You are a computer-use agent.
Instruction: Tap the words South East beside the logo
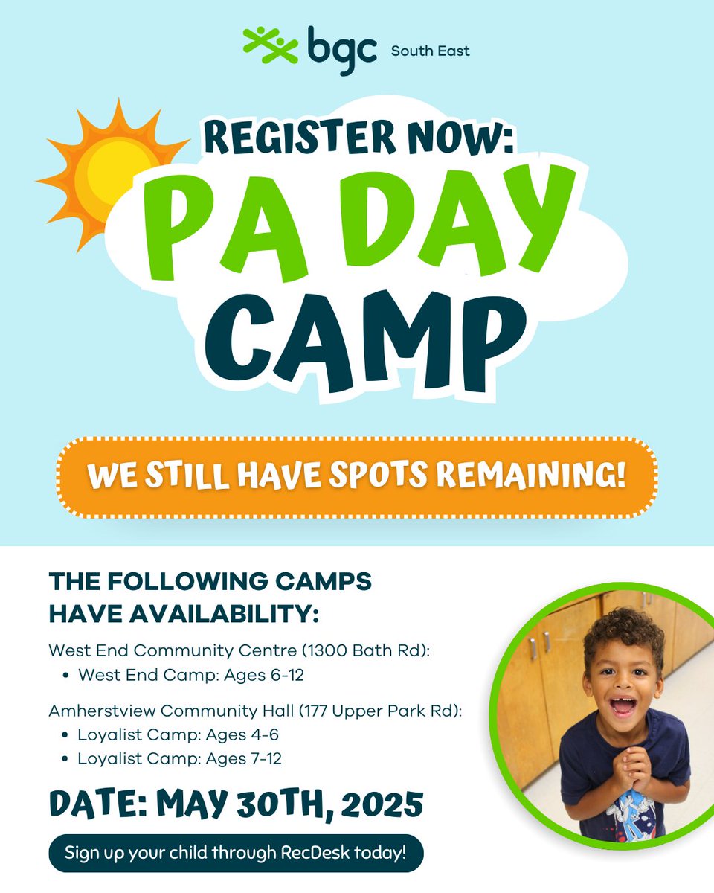coord(431,51)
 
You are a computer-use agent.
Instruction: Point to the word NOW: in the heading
coord(461,139)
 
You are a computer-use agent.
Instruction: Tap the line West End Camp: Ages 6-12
coord(191,676)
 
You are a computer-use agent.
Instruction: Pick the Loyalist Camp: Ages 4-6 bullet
coord(178,735)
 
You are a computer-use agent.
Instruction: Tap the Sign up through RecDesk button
coord(236,852)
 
